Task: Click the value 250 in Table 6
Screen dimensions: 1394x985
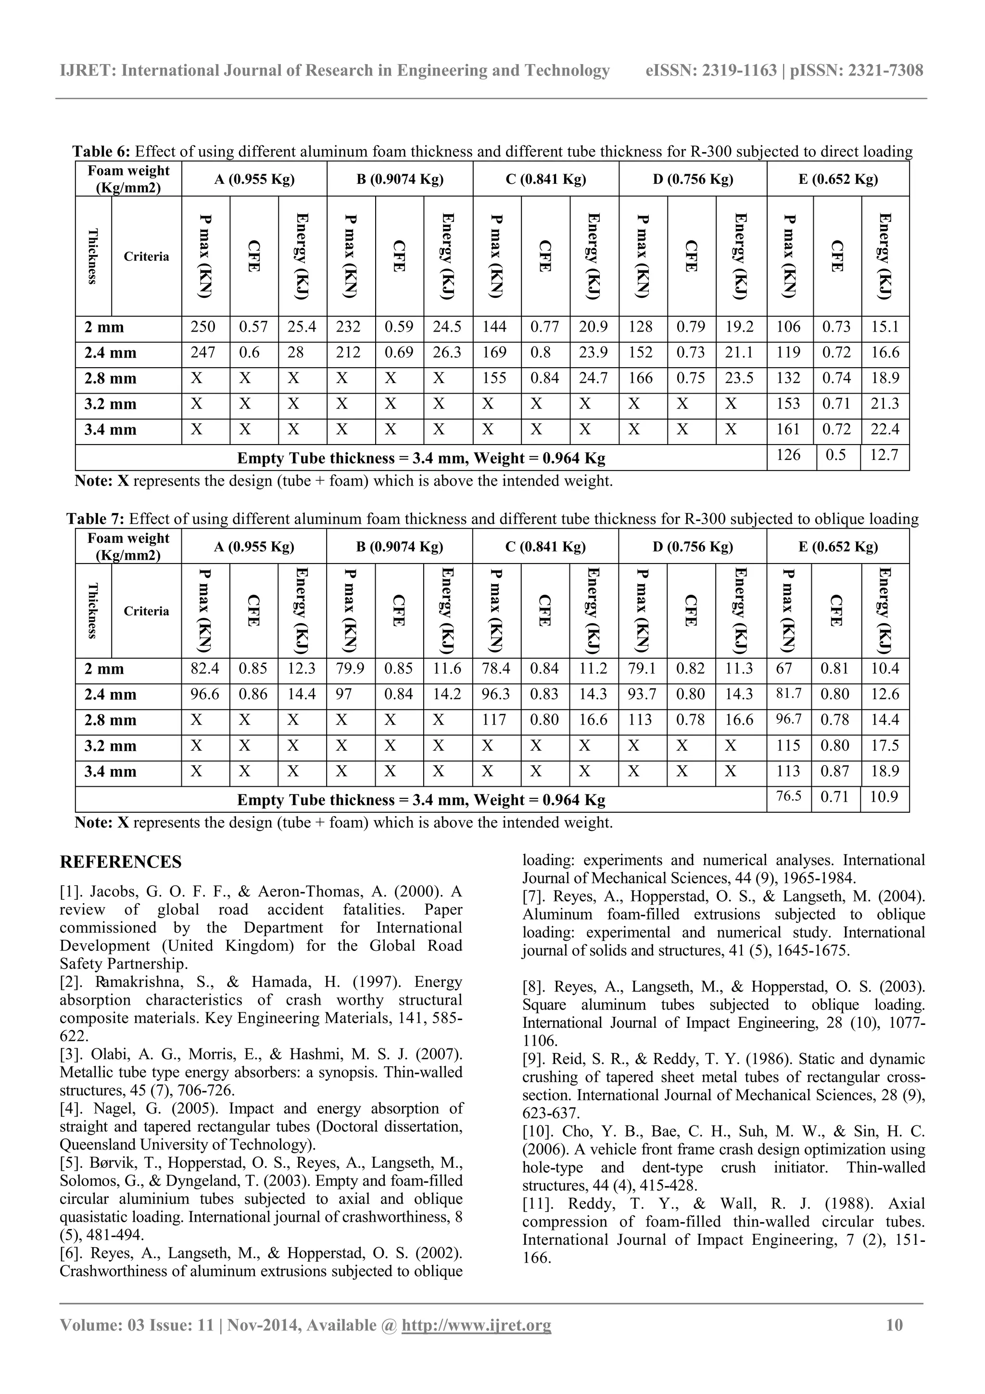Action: point(203,327)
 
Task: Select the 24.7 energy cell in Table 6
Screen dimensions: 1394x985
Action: point(593,378)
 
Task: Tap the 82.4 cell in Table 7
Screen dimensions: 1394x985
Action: point(204,669)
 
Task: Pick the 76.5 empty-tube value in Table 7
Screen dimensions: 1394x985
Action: point(788,796)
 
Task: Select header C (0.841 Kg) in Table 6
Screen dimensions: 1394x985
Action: point(545,179)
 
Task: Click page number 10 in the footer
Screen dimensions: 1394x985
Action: point(895,1325)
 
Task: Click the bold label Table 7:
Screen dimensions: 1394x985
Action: point(95,519)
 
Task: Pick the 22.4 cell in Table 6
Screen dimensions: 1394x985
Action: point(884,430)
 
